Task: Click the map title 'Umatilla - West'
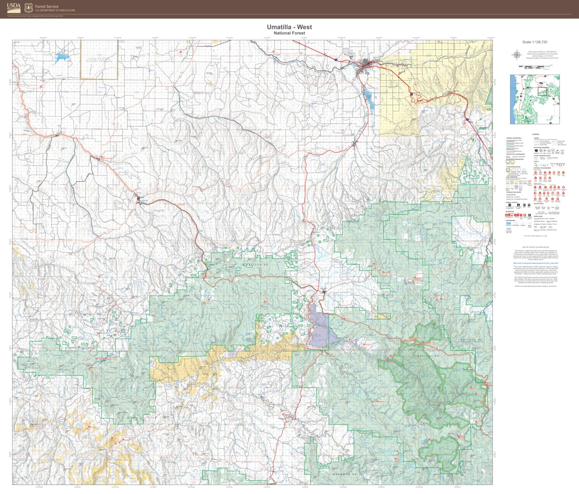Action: click(289, 27)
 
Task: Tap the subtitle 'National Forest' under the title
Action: click(289, 33)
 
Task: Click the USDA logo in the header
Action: click(14, 7)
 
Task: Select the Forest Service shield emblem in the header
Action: click(29, 8)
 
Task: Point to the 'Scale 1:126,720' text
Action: click(534, 42)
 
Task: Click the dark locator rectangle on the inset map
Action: click(542, 91)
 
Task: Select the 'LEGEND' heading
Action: click(535, 135)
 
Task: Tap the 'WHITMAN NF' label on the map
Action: click(471, 340)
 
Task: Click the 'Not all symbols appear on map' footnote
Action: click(535, 236)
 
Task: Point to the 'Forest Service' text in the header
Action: click(47, 7)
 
